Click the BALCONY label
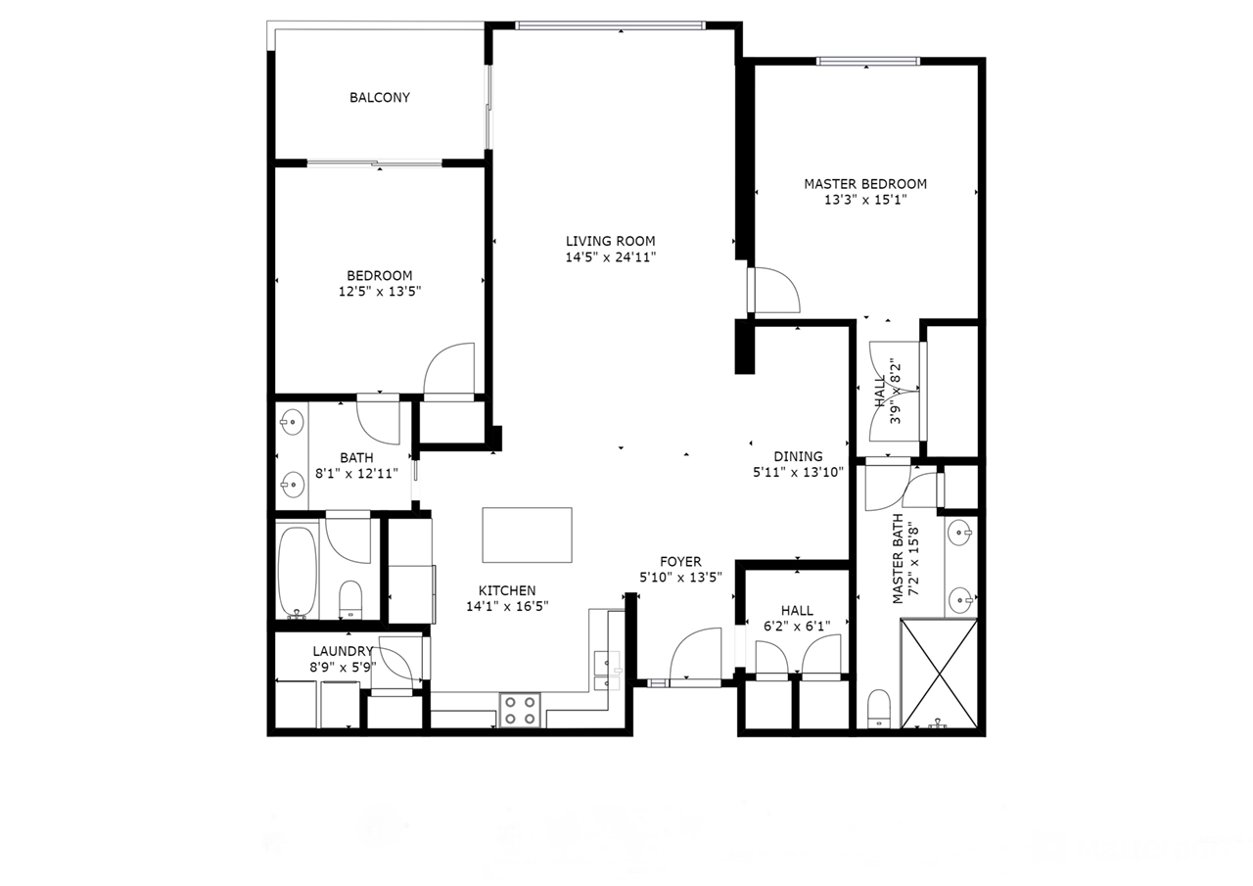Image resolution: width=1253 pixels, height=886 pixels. click(380, 98)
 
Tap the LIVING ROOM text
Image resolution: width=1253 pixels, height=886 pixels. click(610, 241)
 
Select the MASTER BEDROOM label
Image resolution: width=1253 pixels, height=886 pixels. click(865, 184)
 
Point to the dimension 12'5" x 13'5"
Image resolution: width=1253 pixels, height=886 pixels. click(380, 292)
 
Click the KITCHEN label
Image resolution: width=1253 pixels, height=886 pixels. click(507, 590)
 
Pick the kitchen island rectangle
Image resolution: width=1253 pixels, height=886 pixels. click(527, 536)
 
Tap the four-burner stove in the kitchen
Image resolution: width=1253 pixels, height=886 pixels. click(520, 711)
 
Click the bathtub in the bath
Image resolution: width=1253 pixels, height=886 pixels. click(298, 572)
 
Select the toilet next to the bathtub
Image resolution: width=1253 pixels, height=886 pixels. click(350, 599)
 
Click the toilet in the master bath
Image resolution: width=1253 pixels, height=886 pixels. click(879, 709)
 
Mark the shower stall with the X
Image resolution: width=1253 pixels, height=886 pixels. click(939, 674)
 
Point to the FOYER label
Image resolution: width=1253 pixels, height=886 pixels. click(680, 562)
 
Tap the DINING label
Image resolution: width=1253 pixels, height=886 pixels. click(798, 456)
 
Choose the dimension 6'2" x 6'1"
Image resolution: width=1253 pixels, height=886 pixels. click(797, 626)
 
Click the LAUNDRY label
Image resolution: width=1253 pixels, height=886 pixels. click(343, 651)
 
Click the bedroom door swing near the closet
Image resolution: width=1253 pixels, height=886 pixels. click(449, 368)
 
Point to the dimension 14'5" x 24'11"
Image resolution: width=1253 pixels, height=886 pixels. click(610, 257)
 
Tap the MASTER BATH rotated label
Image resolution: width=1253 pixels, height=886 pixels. click(899, 559)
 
